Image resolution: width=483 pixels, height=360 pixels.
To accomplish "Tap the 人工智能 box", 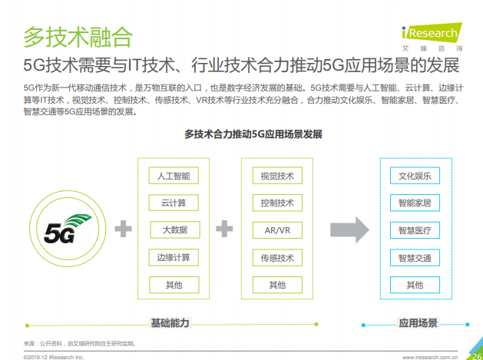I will point(174,176).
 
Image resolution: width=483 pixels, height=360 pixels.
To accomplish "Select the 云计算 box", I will point(174,203).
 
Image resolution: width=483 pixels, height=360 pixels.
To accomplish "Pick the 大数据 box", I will point(174,230).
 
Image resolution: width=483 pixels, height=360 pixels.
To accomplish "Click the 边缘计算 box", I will point(174,257).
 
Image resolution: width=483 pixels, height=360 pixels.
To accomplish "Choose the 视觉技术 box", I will point(277,176).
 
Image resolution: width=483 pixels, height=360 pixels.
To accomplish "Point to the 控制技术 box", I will point(277,203).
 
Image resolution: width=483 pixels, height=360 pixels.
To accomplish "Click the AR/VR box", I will point(277,230).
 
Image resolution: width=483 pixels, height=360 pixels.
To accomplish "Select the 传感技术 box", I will point(277,257).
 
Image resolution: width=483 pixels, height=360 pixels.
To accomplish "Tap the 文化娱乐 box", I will point(415,176).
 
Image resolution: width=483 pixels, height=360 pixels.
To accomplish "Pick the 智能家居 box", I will point(415,203).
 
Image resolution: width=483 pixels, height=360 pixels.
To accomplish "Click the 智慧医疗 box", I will point(415,230).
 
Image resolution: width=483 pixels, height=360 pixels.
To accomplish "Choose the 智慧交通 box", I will point(415,257).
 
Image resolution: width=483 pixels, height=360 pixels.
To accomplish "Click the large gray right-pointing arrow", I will point(350,229).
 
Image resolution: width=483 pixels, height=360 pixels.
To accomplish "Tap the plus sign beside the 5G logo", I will point(122,229).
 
